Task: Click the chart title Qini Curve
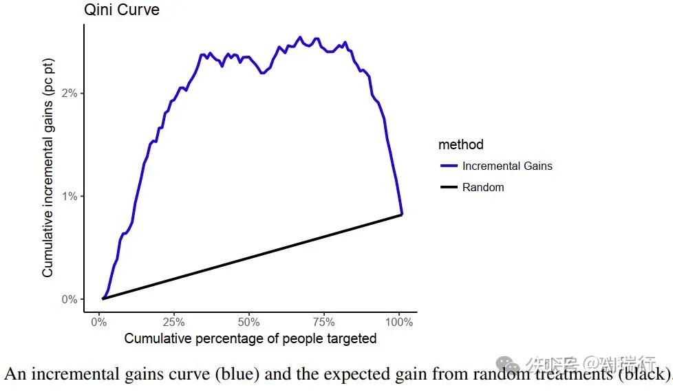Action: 121,10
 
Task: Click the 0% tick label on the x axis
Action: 99,322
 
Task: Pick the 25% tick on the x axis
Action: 174,322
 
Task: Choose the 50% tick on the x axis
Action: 249,322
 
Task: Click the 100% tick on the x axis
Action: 399,322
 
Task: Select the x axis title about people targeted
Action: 250,338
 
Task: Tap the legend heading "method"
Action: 461,144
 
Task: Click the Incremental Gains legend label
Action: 507,166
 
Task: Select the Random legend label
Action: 483,187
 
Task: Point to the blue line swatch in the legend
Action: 449,166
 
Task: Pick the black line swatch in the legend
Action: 449,187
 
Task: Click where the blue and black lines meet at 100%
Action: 402,215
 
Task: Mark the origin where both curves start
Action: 103,298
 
